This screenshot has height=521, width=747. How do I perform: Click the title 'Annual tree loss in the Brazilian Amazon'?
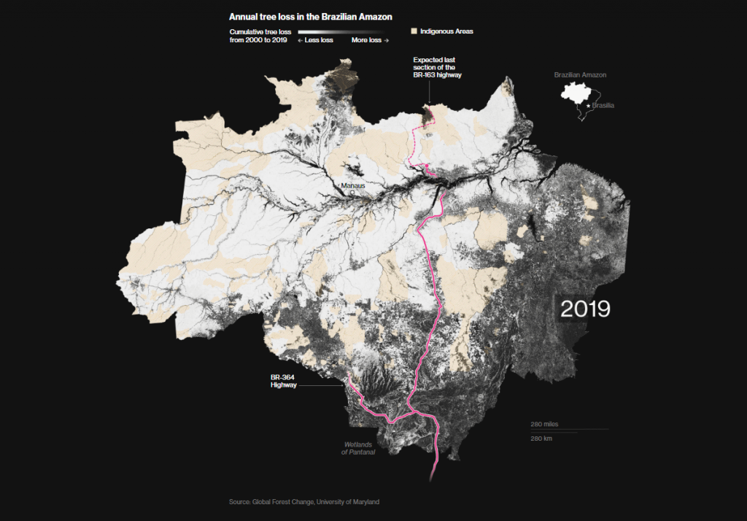point(311,16)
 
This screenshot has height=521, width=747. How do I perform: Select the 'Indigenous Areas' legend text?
point(446,31)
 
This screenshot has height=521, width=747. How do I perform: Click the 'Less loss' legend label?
point(315,40)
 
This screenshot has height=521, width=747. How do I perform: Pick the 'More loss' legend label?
point(370,40)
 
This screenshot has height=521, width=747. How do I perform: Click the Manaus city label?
point(352,185)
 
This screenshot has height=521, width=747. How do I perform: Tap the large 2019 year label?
point(585,309)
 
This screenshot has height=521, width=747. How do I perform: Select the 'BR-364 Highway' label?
point(283,381)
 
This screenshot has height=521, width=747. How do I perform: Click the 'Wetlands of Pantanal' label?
point(358,448)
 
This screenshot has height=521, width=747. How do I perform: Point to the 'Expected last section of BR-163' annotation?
point(438,67)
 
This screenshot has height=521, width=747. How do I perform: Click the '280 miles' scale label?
point(545,424)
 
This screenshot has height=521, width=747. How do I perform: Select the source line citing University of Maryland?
point(304,502)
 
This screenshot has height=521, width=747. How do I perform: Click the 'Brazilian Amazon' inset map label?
point(580,75)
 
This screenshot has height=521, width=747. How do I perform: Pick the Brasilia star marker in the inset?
point(589,106)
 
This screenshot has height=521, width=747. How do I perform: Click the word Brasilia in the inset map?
point(603,106)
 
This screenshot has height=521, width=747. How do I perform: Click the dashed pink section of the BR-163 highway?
point(415,142)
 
